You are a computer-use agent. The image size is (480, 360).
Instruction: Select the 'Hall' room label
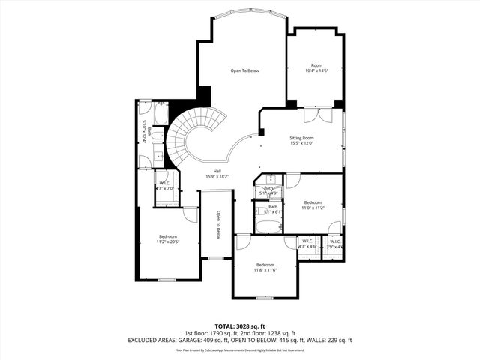tap(217, 172)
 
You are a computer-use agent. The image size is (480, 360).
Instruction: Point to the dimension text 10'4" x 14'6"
tap(316, 70)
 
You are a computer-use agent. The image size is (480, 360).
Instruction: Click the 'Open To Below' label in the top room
tap(244, 70)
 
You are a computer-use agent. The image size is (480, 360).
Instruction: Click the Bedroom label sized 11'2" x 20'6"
tap(167, 236)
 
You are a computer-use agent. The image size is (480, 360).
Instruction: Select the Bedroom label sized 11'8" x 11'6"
tap(266, 265)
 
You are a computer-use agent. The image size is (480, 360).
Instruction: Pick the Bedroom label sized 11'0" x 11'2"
tap(313, 202)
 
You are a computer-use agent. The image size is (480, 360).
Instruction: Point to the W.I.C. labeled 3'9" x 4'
tap(334, 241)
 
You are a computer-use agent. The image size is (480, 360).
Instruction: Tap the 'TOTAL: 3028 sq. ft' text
tap(239, 326)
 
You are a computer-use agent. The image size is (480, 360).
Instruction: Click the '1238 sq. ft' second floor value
tap(280, 333)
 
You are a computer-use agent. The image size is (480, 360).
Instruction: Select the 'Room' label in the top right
tap(316, 65)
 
